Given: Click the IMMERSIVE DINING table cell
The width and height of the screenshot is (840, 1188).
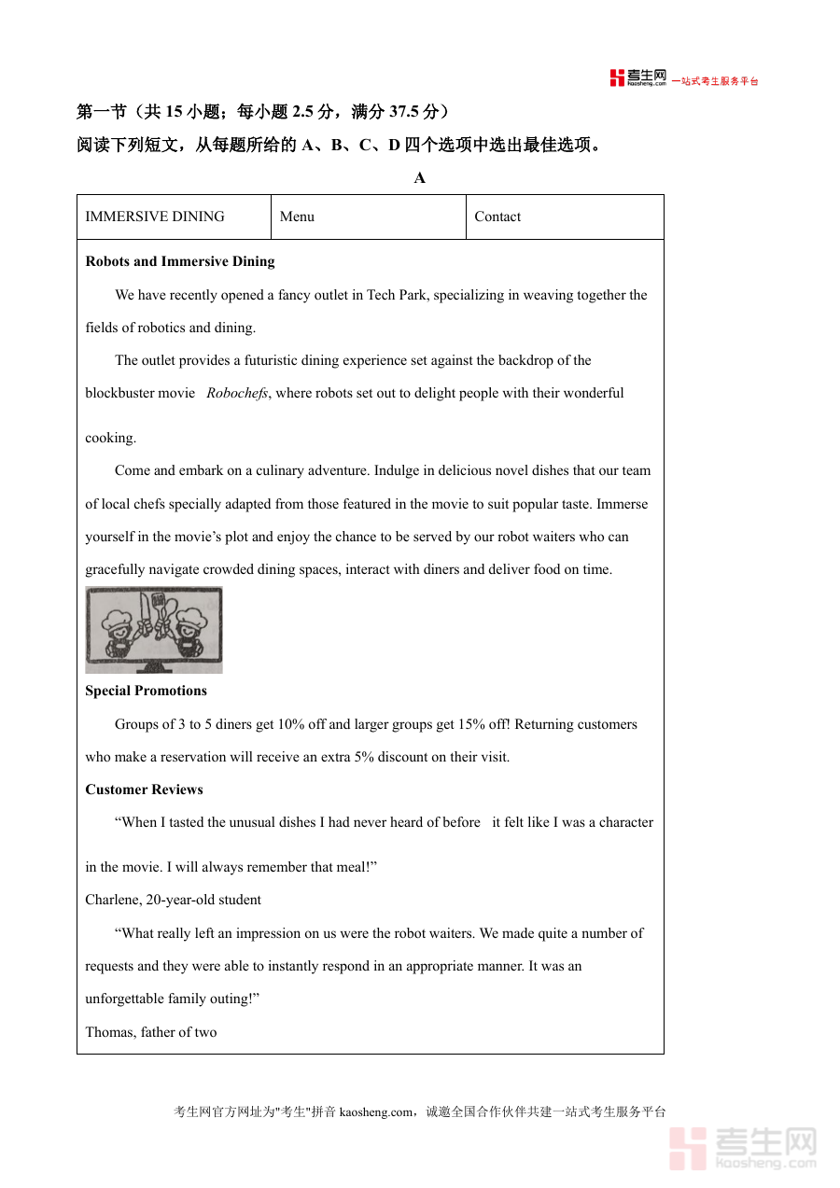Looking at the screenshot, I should pyautogui.click(x=155, y=217).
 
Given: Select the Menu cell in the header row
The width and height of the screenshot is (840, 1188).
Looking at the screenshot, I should pyautogui.click(x=297, y=217).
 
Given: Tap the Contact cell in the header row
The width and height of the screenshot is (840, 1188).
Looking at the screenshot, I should pyautogui.click(x=497, y=217).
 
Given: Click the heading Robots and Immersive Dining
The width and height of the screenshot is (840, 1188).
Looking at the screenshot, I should pyautogui.click(x=180, y=261).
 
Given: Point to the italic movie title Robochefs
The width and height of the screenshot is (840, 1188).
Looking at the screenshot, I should pyautogui.click(x=237, y=393).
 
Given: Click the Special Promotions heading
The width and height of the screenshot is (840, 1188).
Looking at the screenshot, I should pyautogui.click(x=146, y=691).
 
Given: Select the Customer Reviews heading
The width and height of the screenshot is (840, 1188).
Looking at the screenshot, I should pyautogui.click(x=144, y=790).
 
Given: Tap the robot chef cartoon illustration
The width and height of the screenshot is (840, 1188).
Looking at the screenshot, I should pyautogui.click(x=154, y=629).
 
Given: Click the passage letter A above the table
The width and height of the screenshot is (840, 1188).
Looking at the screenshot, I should pyautogui.click(x=419, y=177).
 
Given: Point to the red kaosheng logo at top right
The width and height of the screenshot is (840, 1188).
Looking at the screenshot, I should pyautogui.click(x=638, y=78).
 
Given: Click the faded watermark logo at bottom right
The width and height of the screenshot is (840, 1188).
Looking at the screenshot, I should pyautogui.click(x=743, y=1148).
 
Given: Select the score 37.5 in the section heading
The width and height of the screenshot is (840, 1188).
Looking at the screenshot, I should pyautogui.click(x=403, y=112).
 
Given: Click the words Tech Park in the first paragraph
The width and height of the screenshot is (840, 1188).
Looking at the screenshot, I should pyautogui.click(x=397, y=295).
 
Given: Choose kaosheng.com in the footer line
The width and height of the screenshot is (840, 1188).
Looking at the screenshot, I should pyautogui.click(x=375, y=1111).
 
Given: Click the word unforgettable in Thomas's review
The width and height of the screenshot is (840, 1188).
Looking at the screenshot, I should pyautogui.click(x=125, y=999).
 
